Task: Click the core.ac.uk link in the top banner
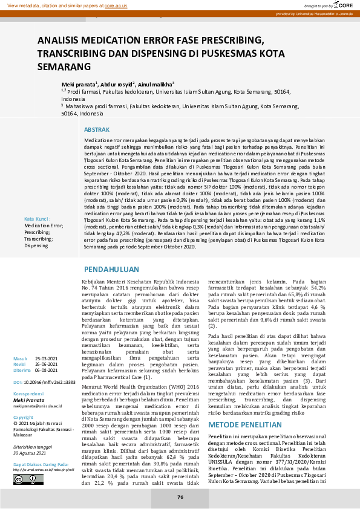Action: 115,4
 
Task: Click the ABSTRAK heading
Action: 97,130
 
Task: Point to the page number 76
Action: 180,496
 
